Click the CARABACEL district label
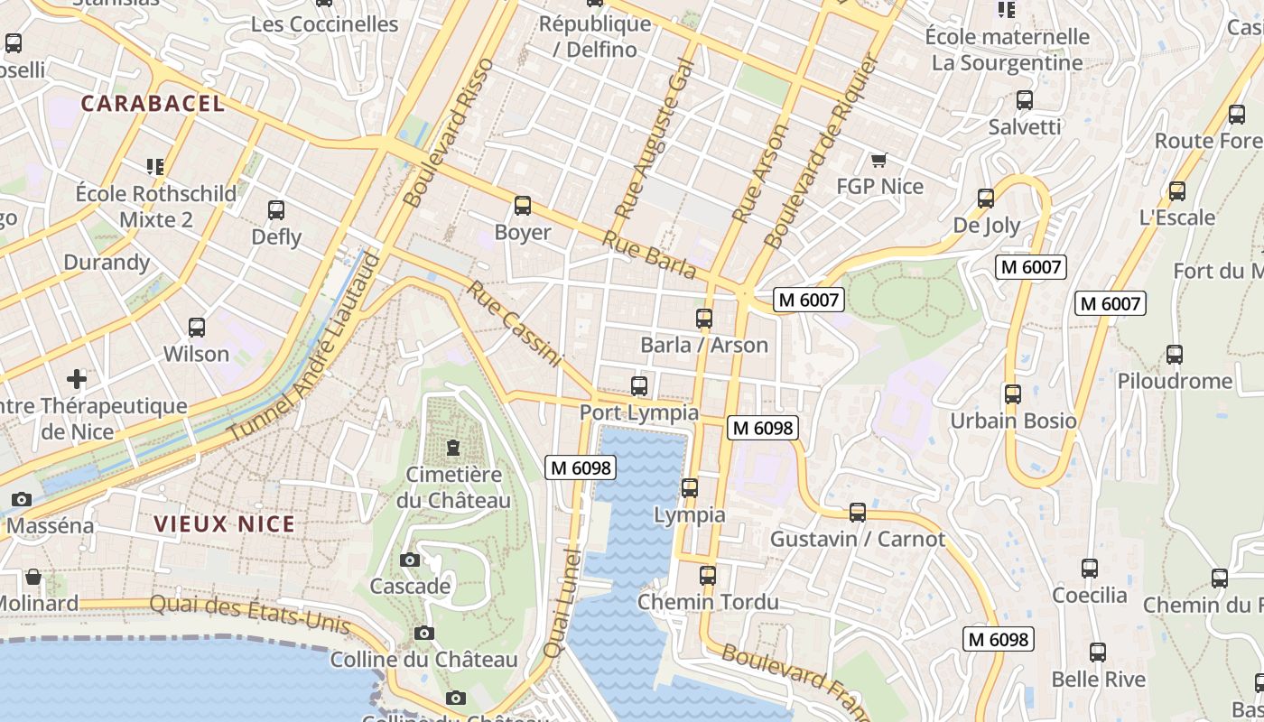pos(153,104)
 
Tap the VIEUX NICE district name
pos(224,524)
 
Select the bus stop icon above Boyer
pos(523,206)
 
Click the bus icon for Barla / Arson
pos(704,319)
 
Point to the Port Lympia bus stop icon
pos(639,386)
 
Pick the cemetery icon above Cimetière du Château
pos(453,448)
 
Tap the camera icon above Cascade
pos(410,560)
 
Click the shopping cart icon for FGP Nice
pos(879,161)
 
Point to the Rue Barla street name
pos(649,255)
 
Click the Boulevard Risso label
pos(449,132)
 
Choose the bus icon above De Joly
pos(986,199)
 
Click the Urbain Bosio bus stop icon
pos(1013,394)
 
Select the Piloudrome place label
pos(1175,381)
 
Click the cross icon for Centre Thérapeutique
pos(77,379)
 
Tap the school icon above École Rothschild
pos(155,167)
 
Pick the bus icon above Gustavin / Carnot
pos(858,513)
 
